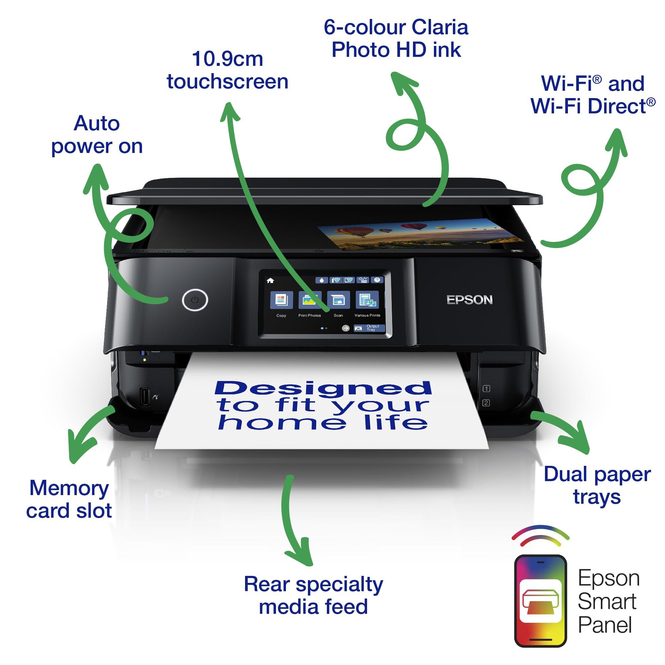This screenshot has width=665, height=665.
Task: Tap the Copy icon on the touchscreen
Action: pos(282,300)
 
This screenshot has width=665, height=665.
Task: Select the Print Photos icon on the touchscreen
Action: pos(310,300)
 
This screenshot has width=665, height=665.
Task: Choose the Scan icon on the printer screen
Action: pos(338,300)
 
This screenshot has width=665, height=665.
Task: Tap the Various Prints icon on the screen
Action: pos(367,300)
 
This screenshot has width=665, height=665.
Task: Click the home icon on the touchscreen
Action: pos(270,281)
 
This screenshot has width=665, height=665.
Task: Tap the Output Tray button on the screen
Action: pos(369,328)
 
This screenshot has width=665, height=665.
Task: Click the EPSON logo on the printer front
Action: pos(469,300)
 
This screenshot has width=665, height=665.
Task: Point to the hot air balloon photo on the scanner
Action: pos(420,233)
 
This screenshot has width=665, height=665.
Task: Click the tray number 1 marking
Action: pos(486,389)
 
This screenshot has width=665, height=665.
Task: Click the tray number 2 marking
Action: pos(486,403)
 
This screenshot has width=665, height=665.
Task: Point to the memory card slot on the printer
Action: pos(145,397)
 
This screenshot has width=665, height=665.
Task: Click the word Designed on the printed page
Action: pos(323,388)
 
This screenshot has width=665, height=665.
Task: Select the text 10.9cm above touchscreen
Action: pos(227,59)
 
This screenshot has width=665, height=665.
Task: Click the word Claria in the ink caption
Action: pos(440,27)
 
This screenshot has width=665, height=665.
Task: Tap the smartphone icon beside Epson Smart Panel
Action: pos(540,600)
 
